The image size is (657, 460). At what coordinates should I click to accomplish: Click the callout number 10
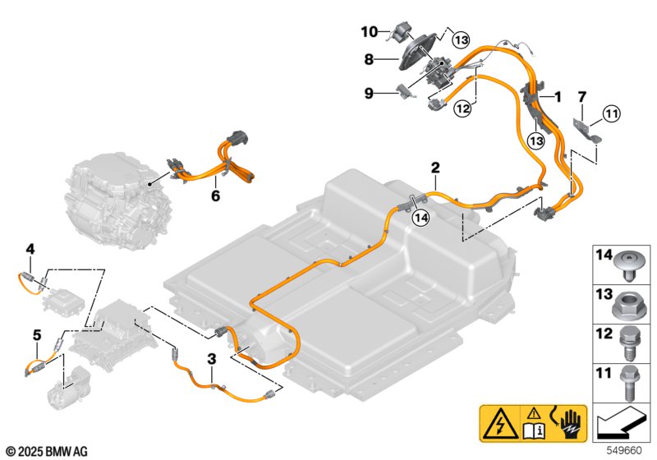(x=370, y=31)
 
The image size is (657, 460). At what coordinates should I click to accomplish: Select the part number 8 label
(x=369, y=59)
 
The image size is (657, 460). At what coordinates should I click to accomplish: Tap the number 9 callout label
(x=369, y=93)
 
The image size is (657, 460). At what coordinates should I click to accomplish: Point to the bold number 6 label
(x=215, y=195)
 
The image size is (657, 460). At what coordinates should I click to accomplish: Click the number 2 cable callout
(x=435, y=168)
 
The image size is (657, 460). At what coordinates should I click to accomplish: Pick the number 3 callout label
(x=212, y=359)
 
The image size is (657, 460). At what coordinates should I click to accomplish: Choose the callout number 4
(x=30, y=250)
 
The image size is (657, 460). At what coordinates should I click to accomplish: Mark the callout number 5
(x=37, y=335)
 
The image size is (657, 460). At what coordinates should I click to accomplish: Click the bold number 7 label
(x=582, y=97)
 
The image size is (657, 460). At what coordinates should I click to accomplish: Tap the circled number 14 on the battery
(x=421, y=218)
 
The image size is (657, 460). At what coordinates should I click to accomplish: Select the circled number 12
(x=463, y=109)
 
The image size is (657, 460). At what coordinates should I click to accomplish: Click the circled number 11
(x=612, y=113)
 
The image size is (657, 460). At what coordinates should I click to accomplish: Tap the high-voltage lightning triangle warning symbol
(x=500, y=424)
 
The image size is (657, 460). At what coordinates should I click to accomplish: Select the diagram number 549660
(x=624, y=450)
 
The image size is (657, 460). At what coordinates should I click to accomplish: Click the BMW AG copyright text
(x=48, y=452)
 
